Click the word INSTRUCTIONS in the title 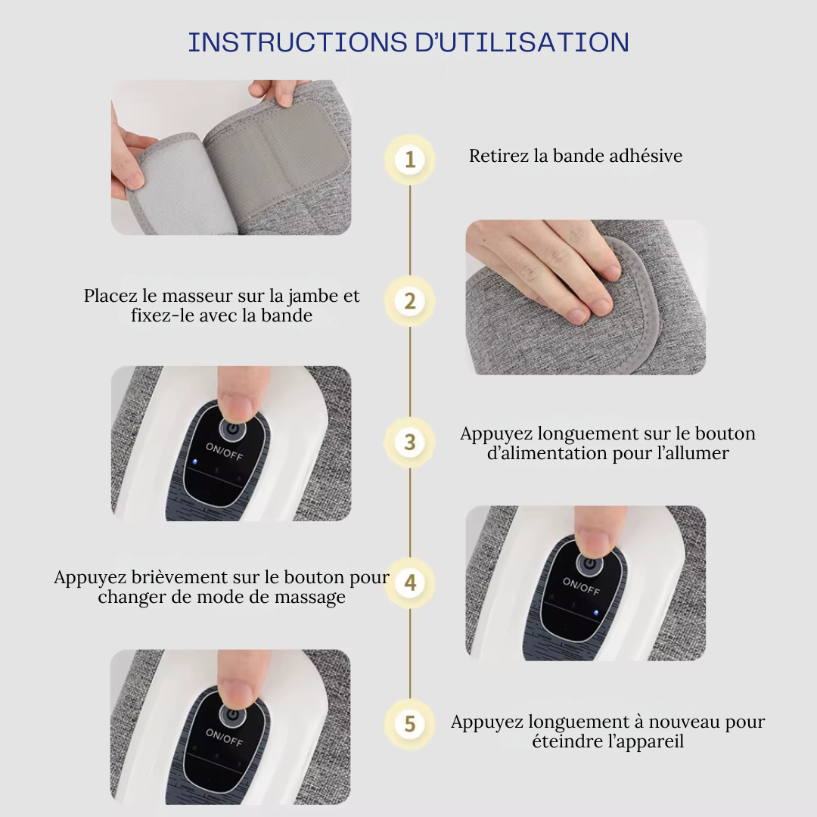tap(297, 42)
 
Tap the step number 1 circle tap(409, 160)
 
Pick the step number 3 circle tap(409, 443)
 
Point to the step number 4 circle tap(409, 583)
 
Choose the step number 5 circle tap(409, 724)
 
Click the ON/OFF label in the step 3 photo tap(224, 451)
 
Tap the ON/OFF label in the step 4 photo tap(581, 586)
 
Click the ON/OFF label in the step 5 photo tap(224, 737)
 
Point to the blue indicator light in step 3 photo tap(194, 461)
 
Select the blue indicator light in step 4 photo tap(596, 613)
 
